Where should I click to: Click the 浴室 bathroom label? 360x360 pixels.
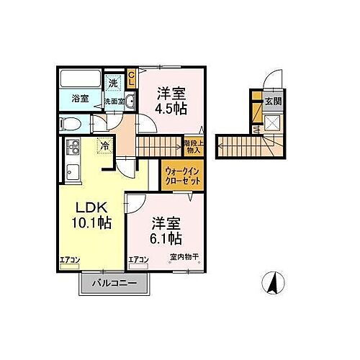pyautogui.click(x=80, y=98)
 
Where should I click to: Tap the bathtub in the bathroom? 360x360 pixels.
pyautogui.click(x=80, y=79)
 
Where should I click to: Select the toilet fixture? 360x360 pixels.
pyautogui.click(x=70, y=123)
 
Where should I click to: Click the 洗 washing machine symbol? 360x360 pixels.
pyautogui.click(x=113, y=84)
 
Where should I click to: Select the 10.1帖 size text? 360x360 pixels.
pyautogui.click(x=91, y=223)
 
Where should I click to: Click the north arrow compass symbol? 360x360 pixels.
pyautogui.click(x=273, y=284)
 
